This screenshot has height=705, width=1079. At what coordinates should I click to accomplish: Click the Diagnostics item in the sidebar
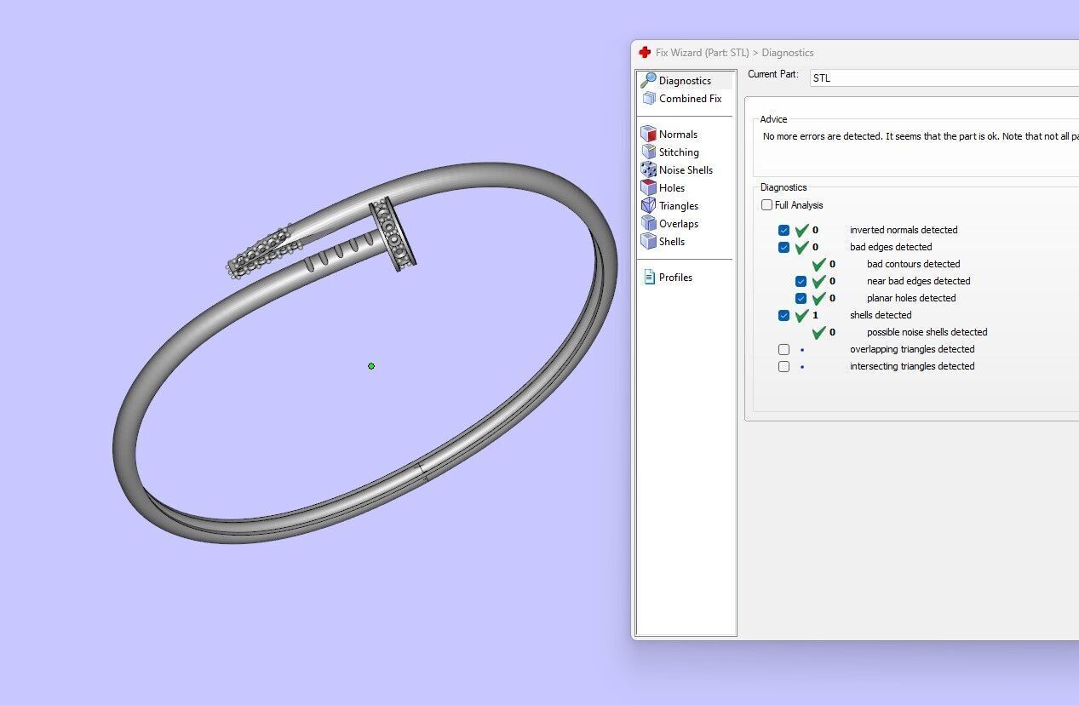tap(685, 81)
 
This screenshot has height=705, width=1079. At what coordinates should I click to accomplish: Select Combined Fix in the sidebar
tap(690, 99)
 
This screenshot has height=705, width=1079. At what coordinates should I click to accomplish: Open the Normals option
tap(678, 135)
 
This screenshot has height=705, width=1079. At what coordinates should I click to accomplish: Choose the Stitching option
tap(679, 152)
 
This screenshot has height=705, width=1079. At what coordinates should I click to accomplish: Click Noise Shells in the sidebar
tap(686, 170)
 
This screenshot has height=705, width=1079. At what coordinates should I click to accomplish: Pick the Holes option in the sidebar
tap(672, 188)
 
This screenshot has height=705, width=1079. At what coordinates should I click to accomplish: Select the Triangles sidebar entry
tap(679, 206)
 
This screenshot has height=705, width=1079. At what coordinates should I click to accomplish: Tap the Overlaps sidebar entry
tap(679, 224)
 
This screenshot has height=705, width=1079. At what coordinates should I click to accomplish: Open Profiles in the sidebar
tap(675, 278)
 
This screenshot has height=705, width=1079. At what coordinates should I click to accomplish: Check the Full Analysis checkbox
tap(767, 205)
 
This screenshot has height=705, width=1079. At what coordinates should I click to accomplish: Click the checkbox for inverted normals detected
tap(783, 230)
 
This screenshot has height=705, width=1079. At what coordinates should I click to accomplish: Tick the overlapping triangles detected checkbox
tap(783, 349)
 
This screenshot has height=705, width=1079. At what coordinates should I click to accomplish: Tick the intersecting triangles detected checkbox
tap(783, 366)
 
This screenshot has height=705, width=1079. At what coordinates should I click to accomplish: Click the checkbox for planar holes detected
tap(801, 298)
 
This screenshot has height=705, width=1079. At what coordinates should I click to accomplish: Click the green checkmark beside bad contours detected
tap(818, 264)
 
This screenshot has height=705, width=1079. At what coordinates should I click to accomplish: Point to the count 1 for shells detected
tap(815, 315)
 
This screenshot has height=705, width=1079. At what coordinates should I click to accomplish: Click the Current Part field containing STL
tap(937, 77)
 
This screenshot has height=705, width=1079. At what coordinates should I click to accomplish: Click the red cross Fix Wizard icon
tap(645, 53)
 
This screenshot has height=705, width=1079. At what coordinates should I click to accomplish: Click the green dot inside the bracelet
tap(371, 366)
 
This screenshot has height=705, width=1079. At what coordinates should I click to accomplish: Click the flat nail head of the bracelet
tap(393, 235)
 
